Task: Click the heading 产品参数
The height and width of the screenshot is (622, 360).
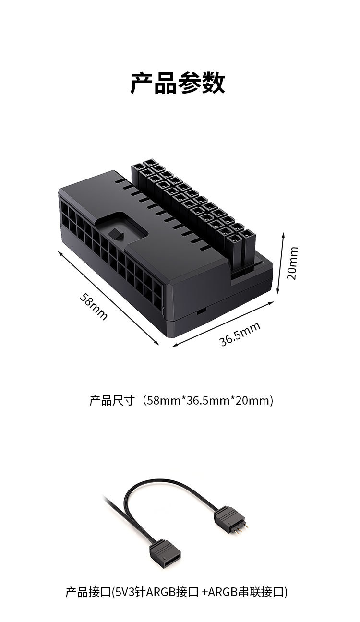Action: pyautogui.click(x=178, y=83)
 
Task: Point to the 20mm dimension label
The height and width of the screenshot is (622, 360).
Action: pyautogui.click(x=292, y=263)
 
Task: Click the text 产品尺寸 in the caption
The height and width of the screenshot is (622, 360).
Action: pyautogui.click(x=112, y=400)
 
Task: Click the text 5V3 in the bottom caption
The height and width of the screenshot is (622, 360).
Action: pyautogui.click(x=125, y=591)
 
